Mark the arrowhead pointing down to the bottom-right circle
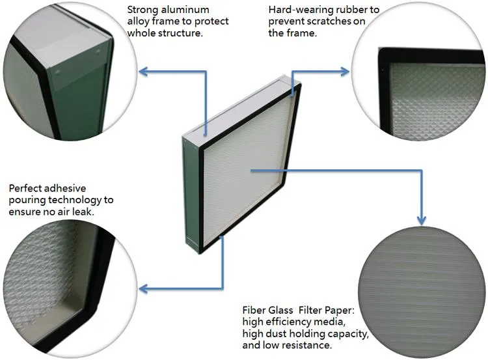(x=422, y=220)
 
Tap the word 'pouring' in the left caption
(x=24, y=200)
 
